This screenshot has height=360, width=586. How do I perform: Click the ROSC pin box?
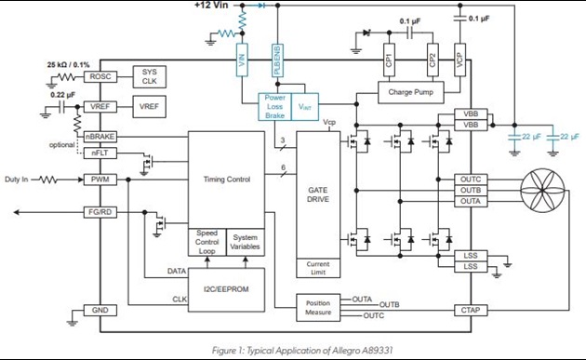(x=99, y=77)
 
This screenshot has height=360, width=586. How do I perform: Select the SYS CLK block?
(x=149, y=76)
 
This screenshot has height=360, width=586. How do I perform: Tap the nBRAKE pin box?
(x=99, y=137)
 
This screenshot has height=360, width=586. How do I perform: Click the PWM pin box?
(x=99, y=180)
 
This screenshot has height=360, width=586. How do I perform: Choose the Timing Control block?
(x=227, y=179)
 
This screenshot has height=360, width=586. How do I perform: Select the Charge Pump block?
(x=410, y=92)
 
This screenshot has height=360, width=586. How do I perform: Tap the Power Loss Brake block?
(x=275, y=105)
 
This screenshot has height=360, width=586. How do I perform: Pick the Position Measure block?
(x=317, y=308)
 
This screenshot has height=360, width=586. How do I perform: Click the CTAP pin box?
(x=470, y=309)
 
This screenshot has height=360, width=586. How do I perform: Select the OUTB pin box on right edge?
(x=470, y=190)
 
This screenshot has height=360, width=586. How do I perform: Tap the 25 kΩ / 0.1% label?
(x=69, y=65)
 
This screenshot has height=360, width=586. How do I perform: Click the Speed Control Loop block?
(x=207, y=241)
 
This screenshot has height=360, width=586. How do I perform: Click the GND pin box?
(x=99, y=310)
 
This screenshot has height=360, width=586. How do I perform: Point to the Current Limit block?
(x=317, y=269)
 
